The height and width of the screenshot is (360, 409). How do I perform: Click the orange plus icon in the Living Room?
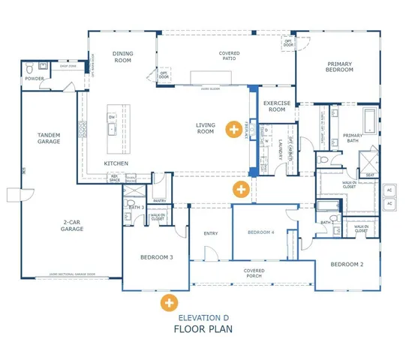point(236,128)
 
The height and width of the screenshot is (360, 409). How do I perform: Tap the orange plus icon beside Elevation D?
point(169,304)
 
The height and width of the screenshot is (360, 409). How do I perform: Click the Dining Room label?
point(122,57)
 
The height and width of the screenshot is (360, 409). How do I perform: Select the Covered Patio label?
point(229,57)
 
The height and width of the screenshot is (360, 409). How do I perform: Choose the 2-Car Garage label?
point(72,225)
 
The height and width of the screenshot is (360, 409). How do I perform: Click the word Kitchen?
point(116,163)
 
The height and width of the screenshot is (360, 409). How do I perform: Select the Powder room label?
point(32,77)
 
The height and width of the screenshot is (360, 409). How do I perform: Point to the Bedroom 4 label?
point(260,232)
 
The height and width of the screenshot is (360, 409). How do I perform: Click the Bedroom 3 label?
point(156,257)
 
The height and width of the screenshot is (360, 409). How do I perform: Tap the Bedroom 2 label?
point(347,264)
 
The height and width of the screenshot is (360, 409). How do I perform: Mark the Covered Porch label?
point(253,273)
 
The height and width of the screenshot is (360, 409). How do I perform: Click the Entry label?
point(211,233)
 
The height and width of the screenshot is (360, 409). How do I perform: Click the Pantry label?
point(159,200)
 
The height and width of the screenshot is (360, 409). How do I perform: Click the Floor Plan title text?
point(203,328)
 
